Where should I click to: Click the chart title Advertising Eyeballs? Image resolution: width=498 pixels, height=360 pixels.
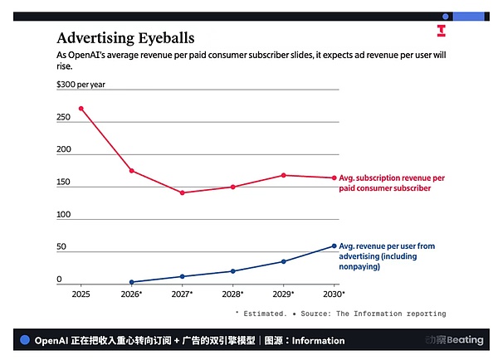pyautogui.click(x=125, y=38)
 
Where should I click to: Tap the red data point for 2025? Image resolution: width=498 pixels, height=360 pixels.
pyautogui.click(x=81, y=108)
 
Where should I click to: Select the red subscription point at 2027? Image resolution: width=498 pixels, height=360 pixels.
pyautogui.click(x=182, y=192)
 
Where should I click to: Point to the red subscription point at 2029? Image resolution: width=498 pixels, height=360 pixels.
pyautogui.click(x=284, y=175)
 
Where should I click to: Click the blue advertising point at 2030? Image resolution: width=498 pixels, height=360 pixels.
pyautogui.click(x=334, y=246)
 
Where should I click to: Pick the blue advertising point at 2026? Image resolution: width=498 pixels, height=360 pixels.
pyautogui.click(x=131, y=282)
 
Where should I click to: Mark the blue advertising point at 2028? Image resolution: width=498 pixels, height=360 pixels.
pyautogui.click(x=233, y=271)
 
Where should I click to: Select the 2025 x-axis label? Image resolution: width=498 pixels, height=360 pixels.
pyautogui.click(x=81, y=294)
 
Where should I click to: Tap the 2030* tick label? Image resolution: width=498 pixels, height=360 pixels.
pyautogui.click(x=333, y=294)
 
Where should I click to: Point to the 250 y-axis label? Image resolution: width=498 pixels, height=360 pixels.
pyautogui.click(x=65, y=117)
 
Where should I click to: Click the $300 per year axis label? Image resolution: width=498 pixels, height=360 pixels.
pyautogui.click(x=81, y=85)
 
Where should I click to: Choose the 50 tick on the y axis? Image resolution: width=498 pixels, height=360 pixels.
pyautogui.click(x=61, y=247)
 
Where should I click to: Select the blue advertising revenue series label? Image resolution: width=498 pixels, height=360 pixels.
pyautogui.click(x=386, y=256)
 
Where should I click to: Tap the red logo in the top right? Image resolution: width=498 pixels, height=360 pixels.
pyautogui.click(x=442, y=31)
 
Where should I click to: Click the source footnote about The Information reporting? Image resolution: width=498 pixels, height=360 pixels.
pyautogui.click(x=340, y=314)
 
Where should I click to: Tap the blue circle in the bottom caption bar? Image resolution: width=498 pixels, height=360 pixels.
pyautogui.click(x=25, y=340)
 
